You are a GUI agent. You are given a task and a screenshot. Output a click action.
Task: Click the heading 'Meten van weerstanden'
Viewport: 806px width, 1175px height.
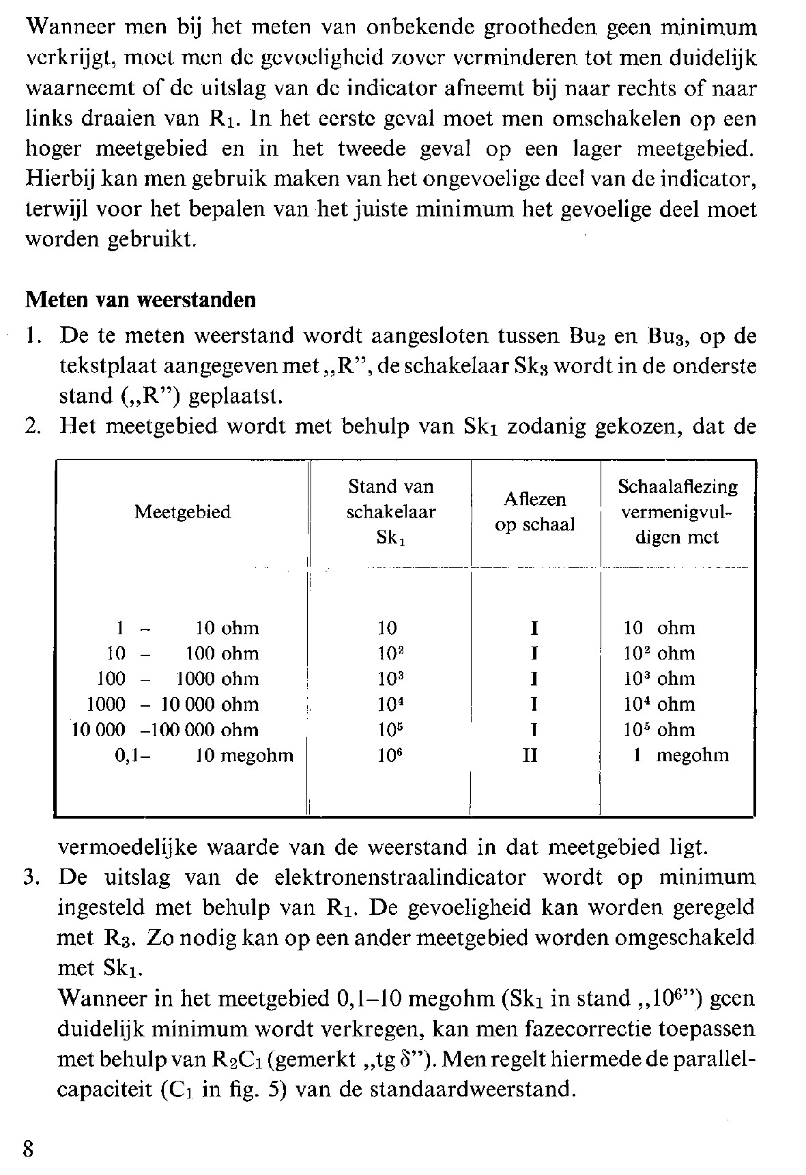point(140,300)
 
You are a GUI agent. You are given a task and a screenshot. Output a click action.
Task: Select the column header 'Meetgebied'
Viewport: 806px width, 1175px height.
point(182,512)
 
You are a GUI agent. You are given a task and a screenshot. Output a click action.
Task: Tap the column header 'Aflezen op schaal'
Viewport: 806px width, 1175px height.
point(535,512)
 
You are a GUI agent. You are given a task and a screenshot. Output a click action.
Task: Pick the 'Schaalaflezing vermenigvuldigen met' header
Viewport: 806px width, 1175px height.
point(677,512)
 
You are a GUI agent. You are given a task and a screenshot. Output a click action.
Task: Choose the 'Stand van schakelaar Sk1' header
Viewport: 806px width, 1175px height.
point(390,512)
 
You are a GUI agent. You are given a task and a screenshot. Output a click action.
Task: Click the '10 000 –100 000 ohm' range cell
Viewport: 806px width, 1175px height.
point(166,730)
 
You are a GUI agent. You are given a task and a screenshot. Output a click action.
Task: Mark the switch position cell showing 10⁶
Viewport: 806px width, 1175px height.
point(387,755)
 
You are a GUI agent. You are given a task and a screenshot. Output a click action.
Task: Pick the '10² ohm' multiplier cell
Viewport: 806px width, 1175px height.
point(659,653)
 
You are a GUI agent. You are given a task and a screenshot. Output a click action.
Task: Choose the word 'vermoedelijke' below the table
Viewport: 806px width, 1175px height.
point(128,847)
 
